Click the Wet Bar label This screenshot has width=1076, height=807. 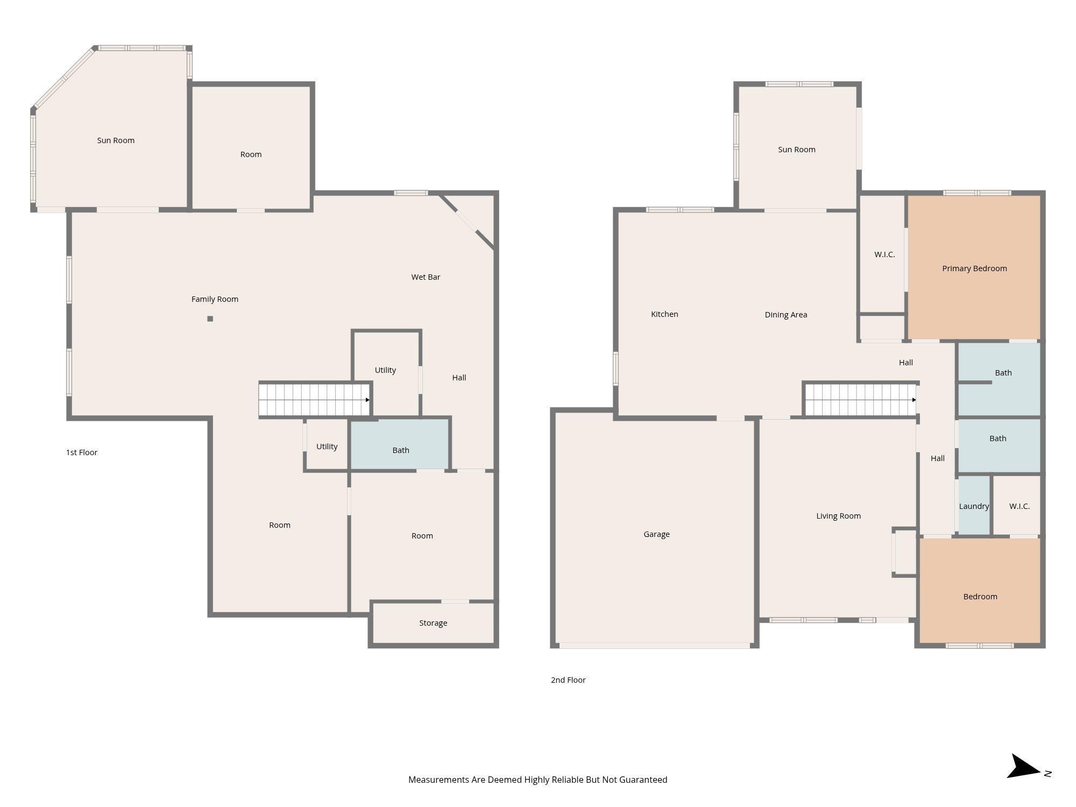pyautogui.click(x=426, y=277)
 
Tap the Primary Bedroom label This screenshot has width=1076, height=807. pyautogui.click(x=974, y=268)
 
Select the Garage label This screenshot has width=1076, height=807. pyautogui.click(x=656, y=534)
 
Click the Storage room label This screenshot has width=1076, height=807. pyautogui.click(x=433, y=623)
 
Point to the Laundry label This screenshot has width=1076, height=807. pyautogui.click(x=974, y=506)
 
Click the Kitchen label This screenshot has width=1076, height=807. pyautogui.click(x=664, y=314)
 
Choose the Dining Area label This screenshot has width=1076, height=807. pyautogui.click(x=786, y=315)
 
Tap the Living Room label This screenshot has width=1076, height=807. pyautogui.click(x=838, y=516)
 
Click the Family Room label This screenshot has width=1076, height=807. pyautogui.click(x=215, y=299)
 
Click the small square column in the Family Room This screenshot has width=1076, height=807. pyautogui.click(x=210, y=318)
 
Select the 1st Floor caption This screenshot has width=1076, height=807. pyautogui.click(x=82, y=452)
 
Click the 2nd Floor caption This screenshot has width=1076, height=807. pyautogui.click(x=568, y=680)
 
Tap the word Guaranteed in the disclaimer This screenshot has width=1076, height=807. pyautogui.click(x=643, y=780)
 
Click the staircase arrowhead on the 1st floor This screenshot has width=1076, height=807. pyautogui.click(x=367, y=400)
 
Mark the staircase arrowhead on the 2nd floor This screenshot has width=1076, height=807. pyautogui.click(x=914, y=400)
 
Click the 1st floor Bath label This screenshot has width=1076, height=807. pyautogui.click(x=401, y=450)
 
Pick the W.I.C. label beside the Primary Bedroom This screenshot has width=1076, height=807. pyautogui.click(x=884, y=254)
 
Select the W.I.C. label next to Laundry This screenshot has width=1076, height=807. pyautogui.click(x=1020, y=506)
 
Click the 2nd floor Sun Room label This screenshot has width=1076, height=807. pyautogui.click(x=797, y=150)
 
